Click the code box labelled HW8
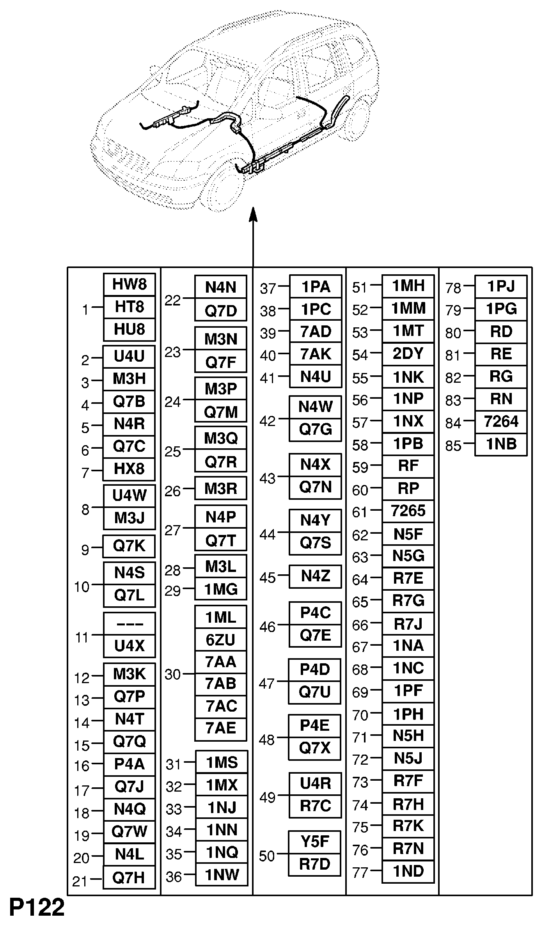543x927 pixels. click(x=129, y=284)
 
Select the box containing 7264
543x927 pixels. click(x=501, y=422)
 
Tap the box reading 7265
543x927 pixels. click(x=408, y=511)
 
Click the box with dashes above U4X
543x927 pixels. click(x=129, y=623)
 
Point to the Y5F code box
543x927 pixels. click(x=315, y=842)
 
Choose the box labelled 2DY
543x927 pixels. click(x=408, y=354)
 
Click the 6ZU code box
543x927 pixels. click(x=221, y=640)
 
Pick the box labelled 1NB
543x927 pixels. click(x=501, y=444)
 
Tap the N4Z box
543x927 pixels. click(x=315, y=576)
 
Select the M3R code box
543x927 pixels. click(x=221, y=488)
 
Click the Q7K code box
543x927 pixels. click(x=129, y=546)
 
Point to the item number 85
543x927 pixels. click(x=453, y=446)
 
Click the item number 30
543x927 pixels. click(x=172, y=674)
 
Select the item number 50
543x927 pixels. click(x=267, y=856)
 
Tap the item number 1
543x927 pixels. click(x=85, y=310)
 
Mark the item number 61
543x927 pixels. click(x=360, y=512)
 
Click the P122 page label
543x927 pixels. click(x=37, y=907)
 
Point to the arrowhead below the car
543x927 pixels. click(x=253, y=214)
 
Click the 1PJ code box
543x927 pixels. click(x=501, y=287)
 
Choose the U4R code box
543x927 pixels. click(x=315, y=783)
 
